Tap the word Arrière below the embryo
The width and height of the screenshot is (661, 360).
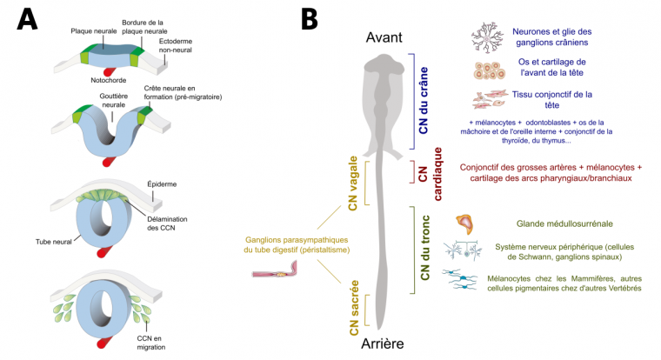coord(383,344)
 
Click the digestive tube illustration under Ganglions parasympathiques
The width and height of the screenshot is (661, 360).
coord(277,274)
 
